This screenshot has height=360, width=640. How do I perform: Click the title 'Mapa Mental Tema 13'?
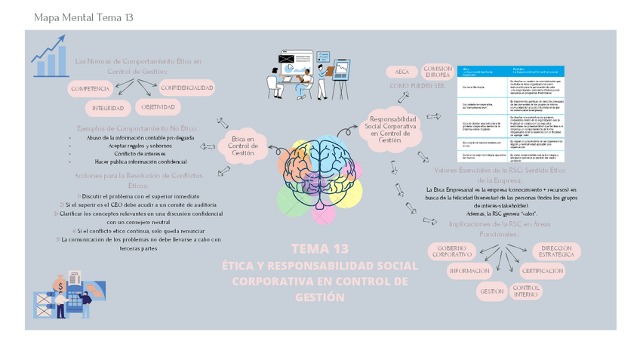[83, 17]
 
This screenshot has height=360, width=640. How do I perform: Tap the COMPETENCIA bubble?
[90, 89]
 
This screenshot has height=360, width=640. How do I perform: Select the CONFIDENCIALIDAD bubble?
[186, 88]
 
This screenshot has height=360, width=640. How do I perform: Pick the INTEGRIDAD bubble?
[108, 108]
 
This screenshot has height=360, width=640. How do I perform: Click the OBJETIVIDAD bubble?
[158, 107]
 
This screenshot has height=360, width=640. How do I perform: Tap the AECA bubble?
[402, 72]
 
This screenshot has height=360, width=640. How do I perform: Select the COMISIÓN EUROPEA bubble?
[438, 72]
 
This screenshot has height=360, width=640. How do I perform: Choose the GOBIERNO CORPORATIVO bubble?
[452, 252]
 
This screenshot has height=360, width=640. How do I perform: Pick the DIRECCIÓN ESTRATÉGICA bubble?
[556, 252]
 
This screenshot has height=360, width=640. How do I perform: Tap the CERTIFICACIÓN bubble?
[542, 271]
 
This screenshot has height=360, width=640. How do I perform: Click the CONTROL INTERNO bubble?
[525, 291]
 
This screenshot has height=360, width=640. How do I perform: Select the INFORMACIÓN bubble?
[469, 271]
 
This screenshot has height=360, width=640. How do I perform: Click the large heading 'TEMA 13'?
[320, 248]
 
